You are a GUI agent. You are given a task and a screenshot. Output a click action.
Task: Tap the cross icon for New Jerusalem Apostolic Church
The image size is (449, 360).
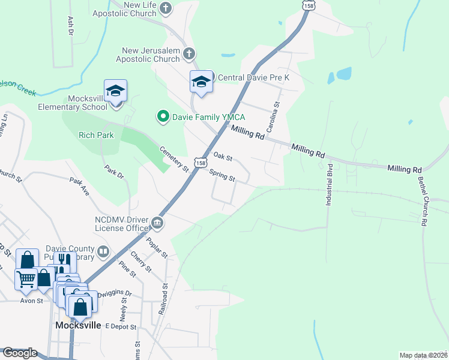click(188, 53)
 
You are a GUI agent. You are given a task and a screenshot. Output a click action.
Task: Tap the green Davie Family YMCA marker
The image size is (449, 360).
click(161, 116)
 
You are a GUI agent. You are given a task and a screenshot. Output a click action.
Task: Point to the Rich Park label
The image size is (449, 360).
click(96, 136)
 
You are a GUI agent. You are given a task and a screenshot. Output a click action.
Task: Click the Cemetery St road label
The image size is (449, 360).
click(174, 160)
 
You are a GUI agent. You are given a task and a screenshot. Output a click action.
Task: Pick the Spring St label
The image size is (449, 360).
click(221, 175)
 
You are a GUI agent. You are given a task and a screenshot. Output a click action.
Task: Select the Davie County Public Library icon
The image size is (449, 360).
click(103, 251)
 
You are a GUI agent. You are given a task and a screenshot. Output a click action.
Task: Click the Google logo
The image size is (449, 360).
click(20, 353)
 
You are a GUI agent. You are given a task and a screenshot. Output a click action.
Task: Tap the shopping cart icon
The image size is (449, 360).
click(25, 278)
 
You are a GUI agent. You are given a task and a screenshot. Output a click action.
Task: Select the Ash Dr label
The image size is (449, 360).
click(70, 25)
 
